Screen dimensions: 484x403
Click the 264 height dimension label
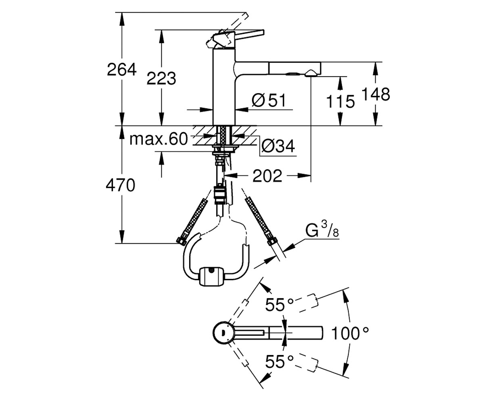pos(121,69)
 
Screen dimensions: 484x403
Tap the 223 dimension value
pos(161,78)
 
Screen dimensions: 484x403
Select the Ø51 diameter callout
pos(269,100)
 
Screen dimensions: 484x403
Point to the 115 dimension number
pos(340,102)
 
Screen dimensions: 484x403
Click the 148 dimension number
pos(376,94)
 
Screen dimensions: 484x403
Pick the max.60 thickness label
pos(159,139)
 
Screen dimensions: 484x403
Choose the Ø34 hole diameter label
pos(278,146)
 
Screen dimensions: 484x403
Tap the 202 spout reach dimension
pos(267,176)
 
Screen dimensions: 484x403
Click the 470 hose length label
pos(120,185)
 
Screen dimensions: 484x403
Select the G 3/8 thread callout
pos(322,229)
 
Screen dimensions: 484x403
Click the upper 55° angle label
pos(279,305)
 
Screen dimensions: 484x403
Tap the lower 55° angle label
pos(279,361)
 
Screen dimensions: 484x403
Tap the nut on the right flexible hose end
pos(272,241)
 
